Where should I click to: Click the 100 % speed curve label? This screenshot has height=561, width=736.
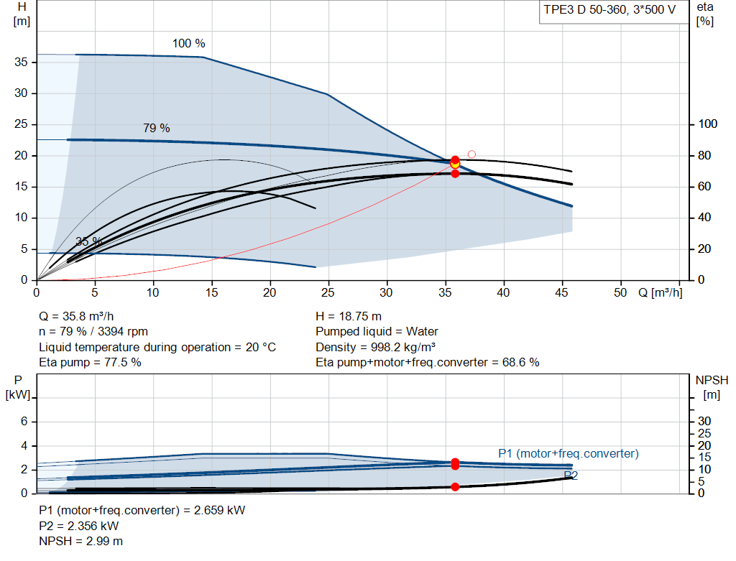click(x=189, y=44)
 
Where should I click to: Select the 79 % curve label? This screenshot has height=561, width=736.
click(x=156, y=128)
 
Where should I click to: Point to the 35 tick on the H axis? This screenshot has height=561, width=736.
click(x=21, y=62)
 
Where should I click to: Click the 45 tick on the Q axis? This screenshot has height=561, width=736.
click(x=561, y=292)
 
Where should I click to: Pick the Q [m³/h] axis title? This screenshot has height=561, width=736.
click(x=660, y=292)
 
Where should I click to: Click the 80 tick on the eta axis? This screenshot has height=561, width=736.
click(x=704, y=155)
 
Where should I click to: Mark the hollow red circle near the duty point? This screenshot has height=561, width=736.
click(x=471, y=154)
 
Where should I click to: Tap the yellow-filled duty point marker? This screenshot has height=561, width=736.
click(x=455, y=164)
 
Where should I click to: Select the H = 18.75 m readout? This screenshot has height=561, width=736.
click(x=349, y=317)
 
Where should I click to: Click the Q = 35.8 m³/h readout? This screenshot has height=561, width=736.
click(x=76, y=317)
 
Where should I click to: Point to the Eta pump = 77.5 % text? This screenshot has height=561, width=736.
click(x=90, y=363)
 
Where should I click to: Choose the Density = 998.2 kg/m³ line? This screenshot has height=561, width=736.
click(x=375, y=347)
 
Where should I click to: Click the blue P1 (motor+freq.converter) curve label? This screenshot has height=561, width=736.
click(x=569, y=453)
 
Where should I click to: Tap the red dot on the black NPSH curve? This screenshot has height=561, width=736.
click(x=455, y=487)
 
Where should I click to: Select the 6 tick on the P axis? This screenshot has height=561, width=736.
click(x=24, y=421)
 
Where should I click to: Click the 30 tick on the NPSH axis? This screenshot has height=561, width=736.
click(x=704, y=421)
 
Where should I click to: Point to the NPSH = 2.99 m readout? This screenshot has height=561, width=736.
click(x=80, y=542)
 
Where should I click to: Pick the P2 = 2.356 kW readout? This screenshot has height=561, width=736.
click(x=79, y=526)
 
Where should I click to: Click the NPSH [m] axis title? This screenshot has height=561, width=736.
click(x=712, y=387)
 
